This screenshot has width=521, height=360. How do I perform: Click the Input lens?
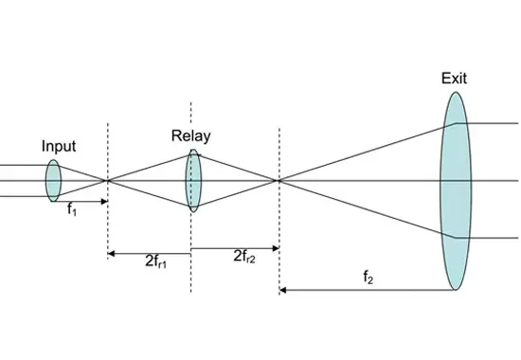click(53, 180)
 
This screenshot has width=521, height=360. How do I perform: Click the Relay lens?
click(193, 180)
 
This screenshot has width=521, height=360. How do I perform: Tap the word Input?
click(59, 147)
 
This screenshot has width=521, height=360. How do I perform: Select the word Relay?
click(190, 135)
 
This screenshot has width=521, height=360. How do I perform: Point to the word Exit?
click(454, 78)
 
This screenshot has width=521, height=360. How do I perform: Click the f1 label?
click(72, 210)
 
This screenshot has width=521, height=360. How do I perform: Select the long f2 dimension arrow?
click(369, 291)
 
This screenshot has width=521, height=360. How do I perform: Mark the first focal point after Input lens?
click(107, 180)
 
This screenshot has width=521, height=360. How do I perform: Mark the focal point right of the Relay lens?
click(278, 180)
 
